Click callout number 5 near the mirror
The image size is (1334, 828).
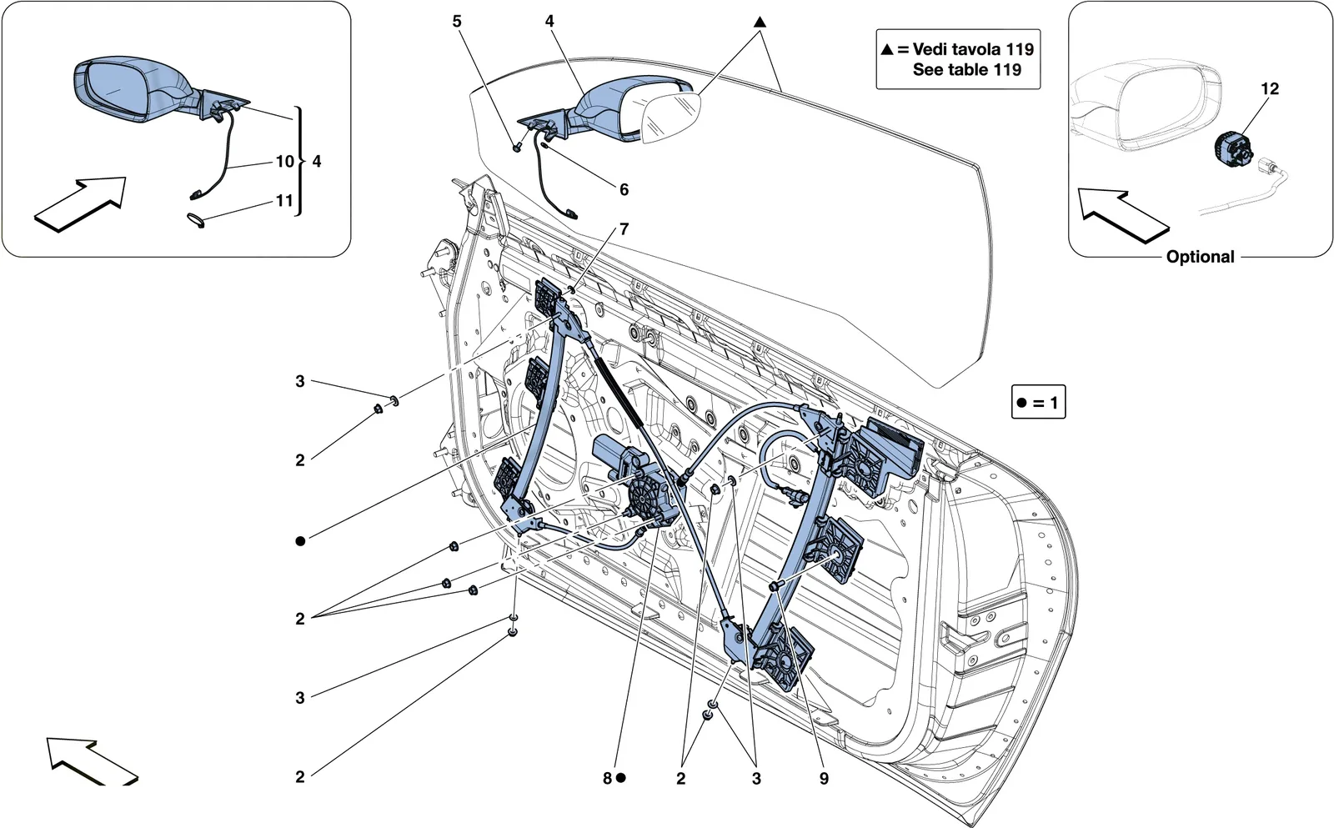(x=457, y=22)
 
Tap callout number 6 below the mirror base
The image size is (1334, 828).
(x=624, y=189)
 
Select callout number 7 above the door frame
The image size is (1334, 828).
(x=624, y=228)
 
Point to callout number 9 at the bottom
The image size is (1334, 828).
(x=824, y=778)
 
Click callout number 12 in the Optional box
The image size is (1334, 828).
(x=1270, y=88)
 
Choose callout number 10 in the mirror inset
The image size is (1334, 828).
(x=284, y=162)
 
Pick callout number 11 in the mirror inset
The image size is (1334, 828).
(x=284, y=201)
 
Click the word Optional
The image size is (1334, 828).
(x=1200, y=257)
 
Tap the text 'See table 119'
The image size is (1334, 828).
(x=966, y=70)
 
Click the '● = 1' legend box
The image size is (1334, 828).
(x=1038, y=402)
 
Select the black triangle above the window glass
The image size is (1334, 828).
(x=760, y=22)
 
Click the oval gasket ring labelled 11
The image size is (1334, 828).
(x=196, y=220)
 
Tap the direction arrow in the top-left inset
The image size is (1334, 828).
(x=80, y=204)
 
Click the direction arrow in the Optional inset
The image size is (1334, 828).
(x=1123, y=216)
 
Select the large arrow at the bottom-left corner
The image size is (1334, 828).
(x=92, y=761)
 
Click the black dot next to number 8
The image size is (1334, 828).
(x=620, y=778)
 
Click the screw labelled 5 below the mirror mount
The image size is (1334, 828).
(x=518, y=146)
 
